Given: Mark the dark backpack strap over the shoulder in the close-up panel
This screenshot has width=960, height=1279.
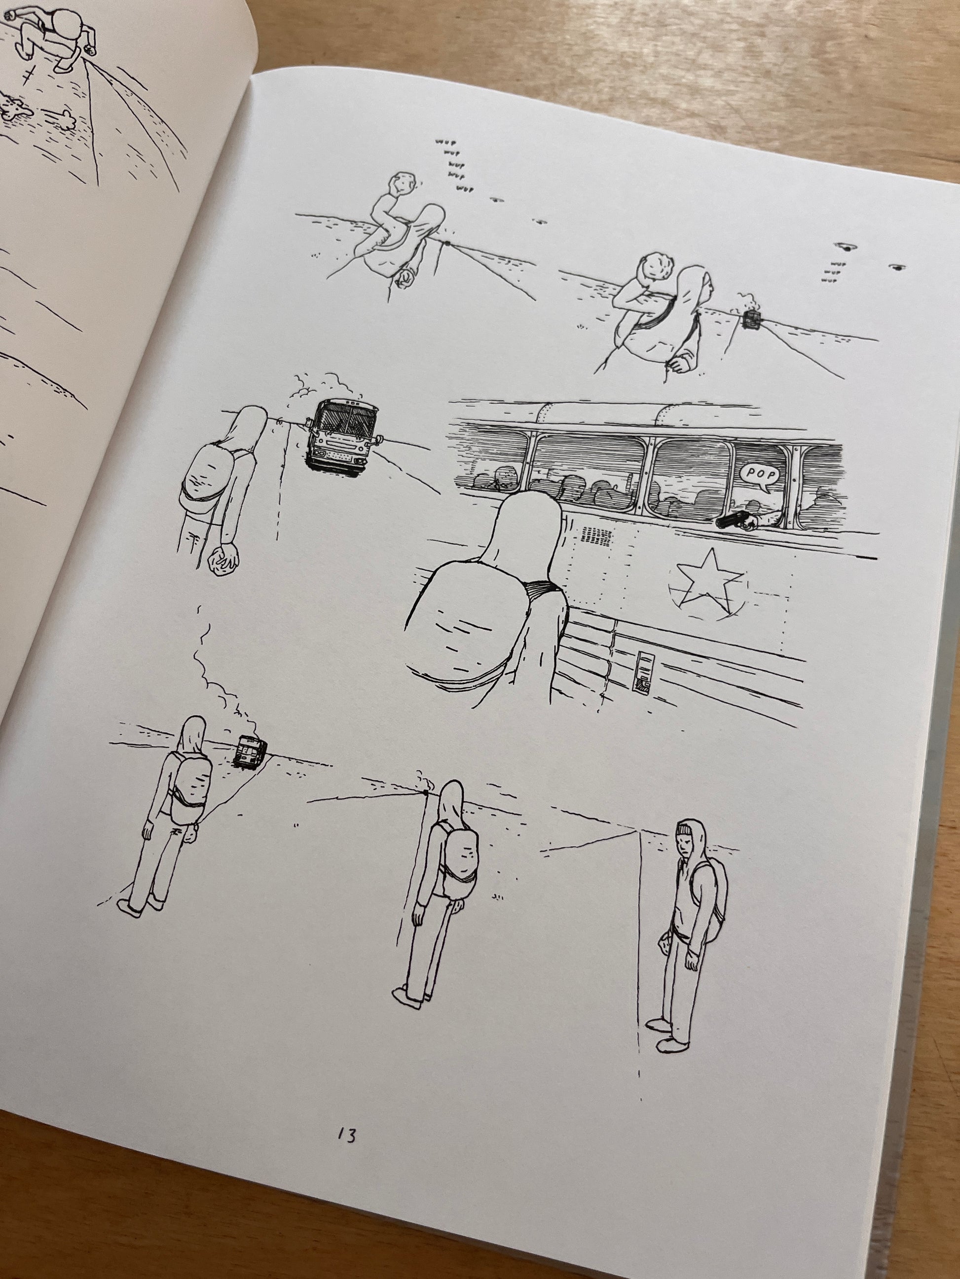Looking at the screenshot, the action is click(542, 590).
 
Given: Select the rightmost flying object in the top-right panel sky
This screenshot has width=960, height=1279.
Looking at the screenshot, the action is click(896, 267).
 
